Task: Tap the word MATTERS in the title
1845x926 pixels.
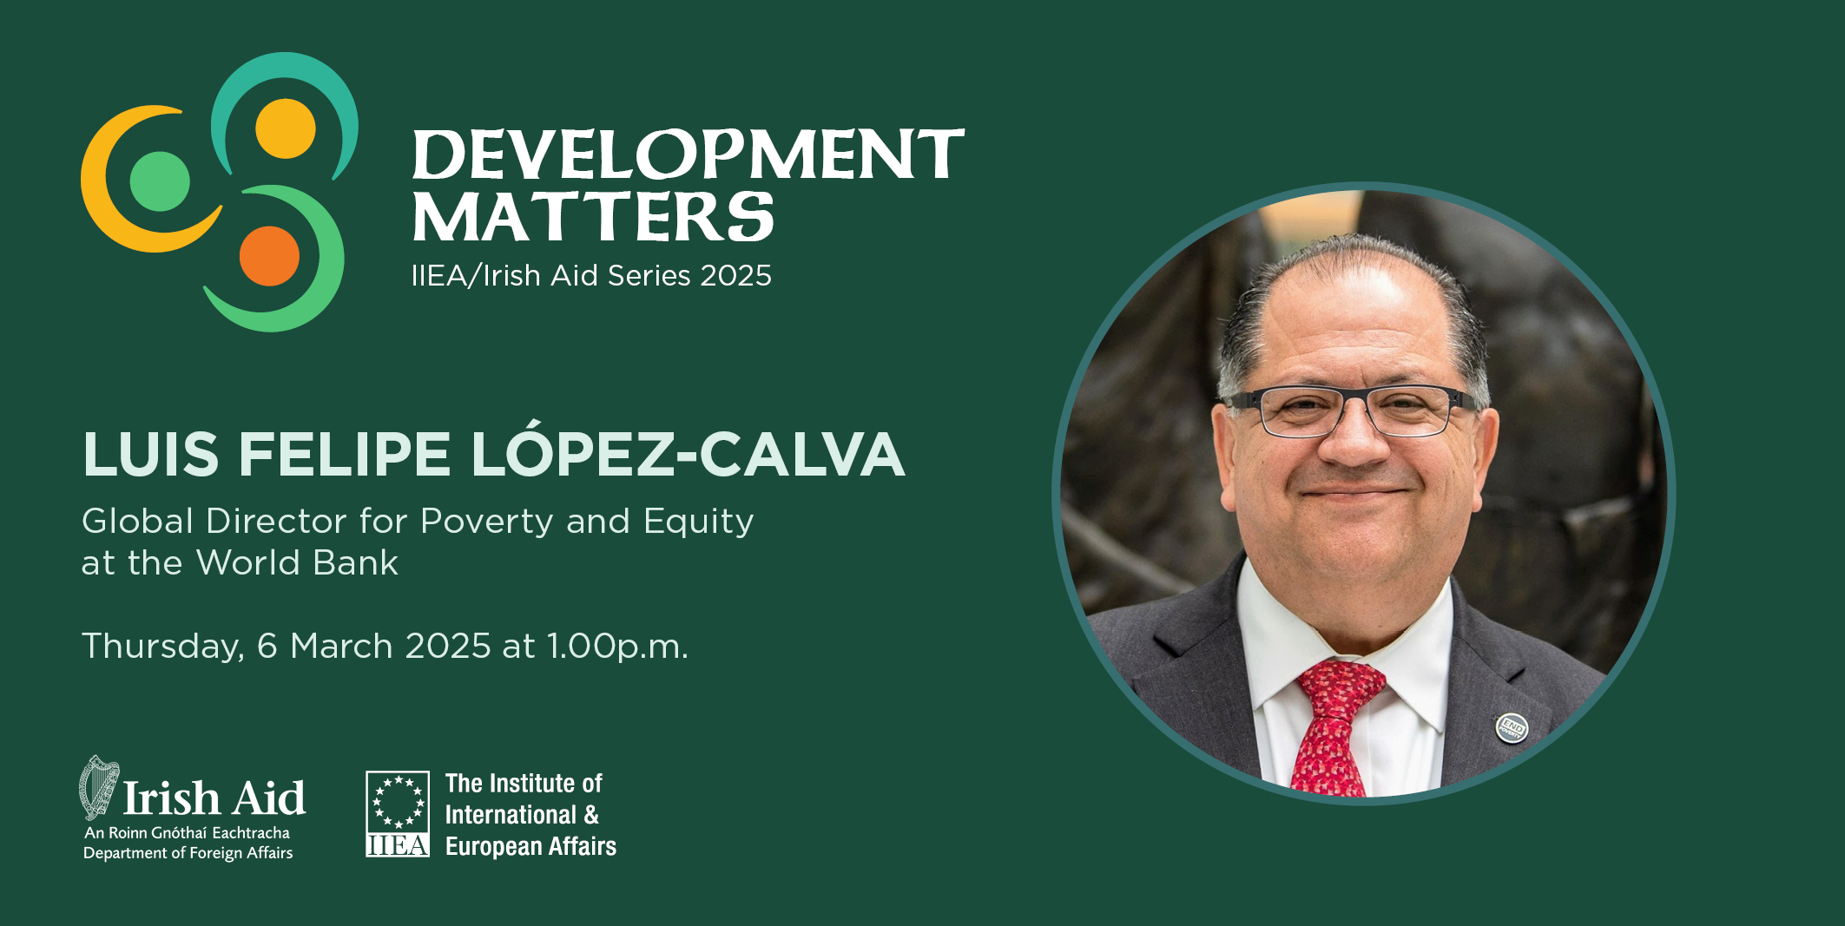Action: [x=593, y=217]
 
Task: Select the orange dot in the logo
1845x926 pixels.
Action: [x=269, y=256]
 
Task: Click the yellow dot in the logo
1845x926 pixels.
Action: [x=286, y=128]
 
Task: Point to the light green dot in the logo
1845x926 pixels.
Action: [x=160, y=181]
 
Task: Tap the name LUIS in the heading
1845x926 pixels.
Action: [x=151, y=454]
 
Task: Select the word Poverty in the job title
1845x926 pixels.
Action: [x=487, y=522]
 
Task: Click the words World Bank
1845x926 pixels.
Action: [x=297, y=563]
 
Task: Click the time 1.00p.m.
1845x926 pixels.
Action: [x=617, y=647]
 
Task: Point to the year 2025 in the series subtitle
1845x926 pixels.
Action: [x=735, y=276]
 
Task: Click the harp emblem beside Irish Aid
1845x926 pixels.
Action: [x=99, y=787]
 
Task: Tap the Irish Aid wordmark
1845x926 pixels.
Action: [x=214, y=798]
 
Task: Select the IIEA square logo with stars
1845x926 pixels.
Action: [x=398, y=814]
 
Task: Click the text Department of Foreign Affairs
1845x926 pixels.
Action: [x=188, y=853]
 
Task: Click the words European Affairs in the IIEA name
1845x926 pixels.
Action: [x=530, y=846]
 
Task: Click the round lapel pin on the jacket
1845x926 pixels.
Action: [x=1512, y=727]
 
